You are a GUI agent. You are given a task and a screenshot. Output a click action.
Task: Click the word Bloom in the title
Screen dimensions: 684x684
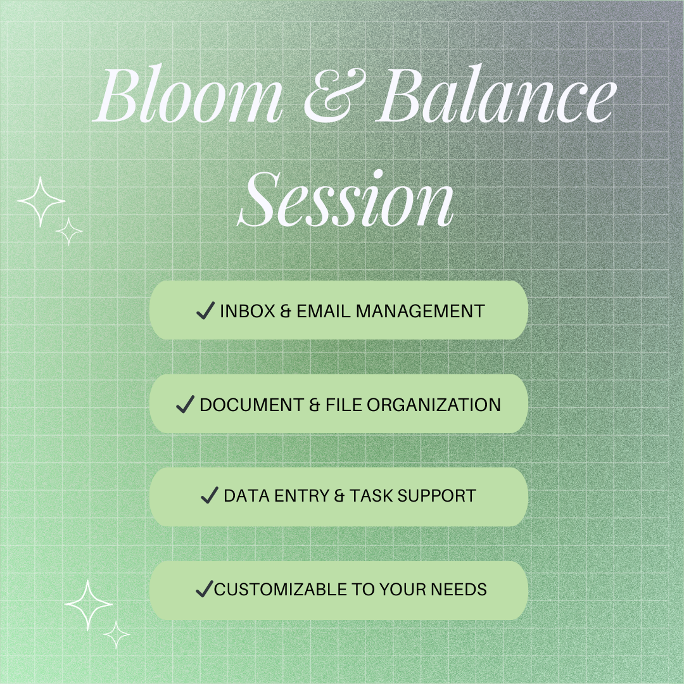click(188, 94)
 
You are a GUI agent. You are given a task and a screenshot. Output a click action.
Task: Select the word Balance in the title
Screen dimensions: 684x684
click(497, 93)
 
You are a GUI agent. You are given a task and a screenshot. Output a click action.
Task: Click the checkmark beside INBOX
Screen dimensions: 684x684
click(205, 310)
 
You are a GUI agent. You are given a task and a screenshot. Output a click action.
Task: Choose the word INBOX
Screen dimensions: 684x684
click(248, 312)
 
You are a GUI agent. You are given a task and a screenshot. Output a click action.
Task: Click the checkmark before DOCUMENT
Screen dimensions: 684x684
click(185, 404)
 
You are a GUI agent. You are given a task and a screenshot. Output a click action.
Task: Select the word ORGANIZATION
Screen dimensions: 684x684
click(434, 405)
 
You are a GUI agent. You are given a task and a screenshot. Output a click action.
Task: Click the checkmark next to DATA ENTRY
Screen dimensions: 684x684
click(210, 495)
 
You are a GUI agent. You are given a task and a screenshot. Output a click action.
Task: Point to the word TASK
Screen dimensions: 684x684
click(370, 496)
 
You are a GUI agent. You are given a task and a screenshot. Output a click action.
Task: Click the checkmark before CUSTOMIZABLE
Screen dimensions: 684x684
click(205, 588)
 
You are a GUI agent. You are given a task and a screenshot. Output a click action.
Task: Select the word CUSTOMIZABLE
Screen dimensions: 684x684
click(280, 590)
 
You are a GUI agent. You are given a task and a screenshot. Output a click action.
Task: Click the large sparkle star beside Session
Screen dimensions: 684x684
click(41, 201)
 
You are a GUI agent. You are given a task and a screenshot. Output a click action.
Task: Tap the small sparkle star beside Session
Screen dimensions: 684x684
click(69, 232)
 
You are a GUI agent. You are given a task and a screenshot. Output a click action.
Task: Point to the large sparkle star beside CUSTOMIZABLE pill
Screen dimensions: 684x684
click(88, 605)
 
